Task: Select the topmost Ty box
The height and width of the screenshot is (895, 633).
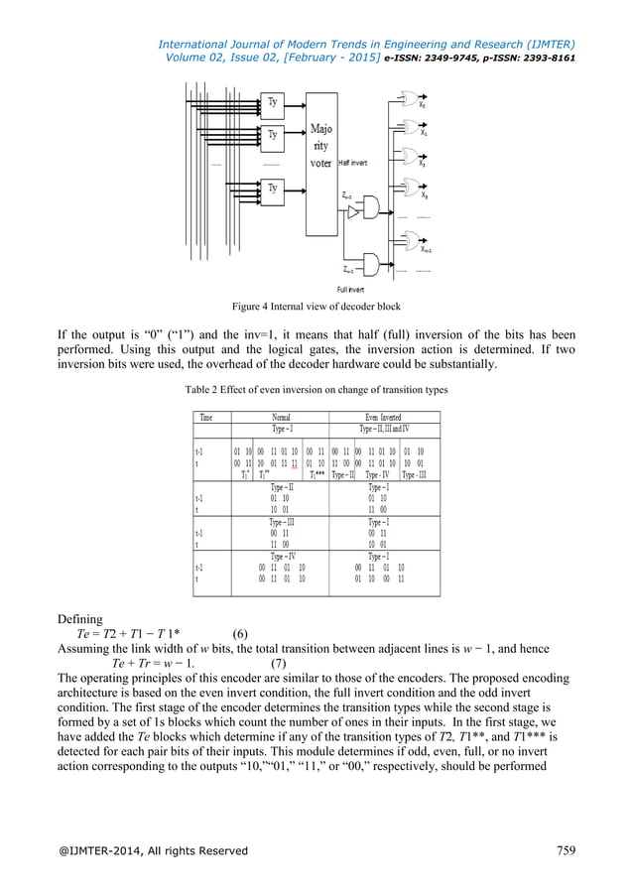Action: coord(273,101)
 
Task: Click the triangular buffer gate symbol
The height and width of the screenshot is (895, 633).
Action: coord(356,224)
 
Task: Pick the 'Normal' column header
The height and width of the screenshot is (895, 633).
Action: coord(280,418)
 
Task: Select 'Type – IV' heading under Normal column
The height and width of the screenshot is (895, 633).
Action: coord(279,557)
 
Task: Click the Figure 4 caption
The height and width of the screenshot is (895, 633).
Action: coord(316,307)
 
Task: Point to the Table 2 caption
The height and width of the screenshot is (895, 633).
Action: coord(316,390)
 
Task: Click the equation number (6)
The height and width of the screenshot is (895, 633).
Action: coord(240,633)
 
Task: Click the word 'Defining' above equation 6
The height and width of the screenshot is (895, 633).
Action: coord(82,617)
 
